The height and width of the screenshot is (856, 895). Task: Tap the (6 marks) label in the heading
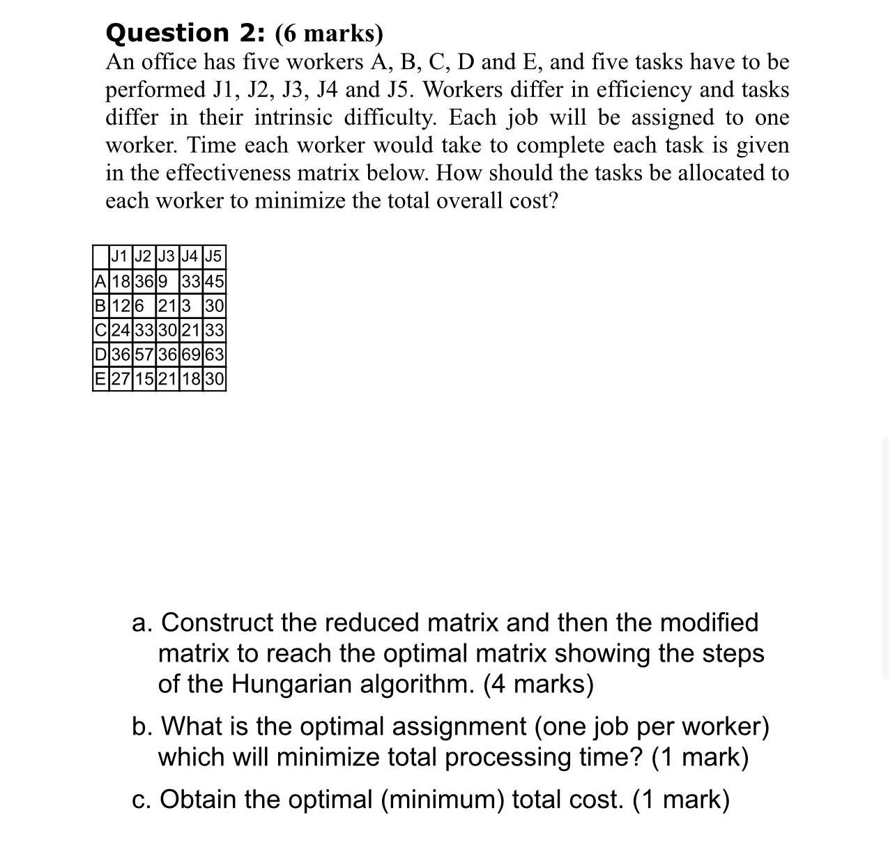[x=330, y=33]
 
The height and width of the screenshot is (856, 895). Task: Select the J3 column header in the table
[x=168, y=256]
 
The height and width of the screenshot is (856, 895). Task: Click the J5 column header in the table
[x=214, y=256]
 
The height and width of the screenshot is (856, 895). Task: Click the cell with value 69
[x=191, y=355]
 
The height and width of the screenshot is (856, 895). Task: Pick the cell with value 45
[x=214, y=282]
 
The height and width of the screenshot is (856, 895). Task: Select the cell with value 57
[x=145, y=355]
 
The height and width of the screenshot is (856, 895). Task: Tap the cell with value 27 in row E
[x=121, y=379]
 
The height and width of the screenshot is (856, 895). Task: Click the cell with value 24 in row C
[x=121, y=330]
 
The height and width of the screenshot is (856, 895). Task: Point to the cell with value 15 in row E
[x=145, y=379]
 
